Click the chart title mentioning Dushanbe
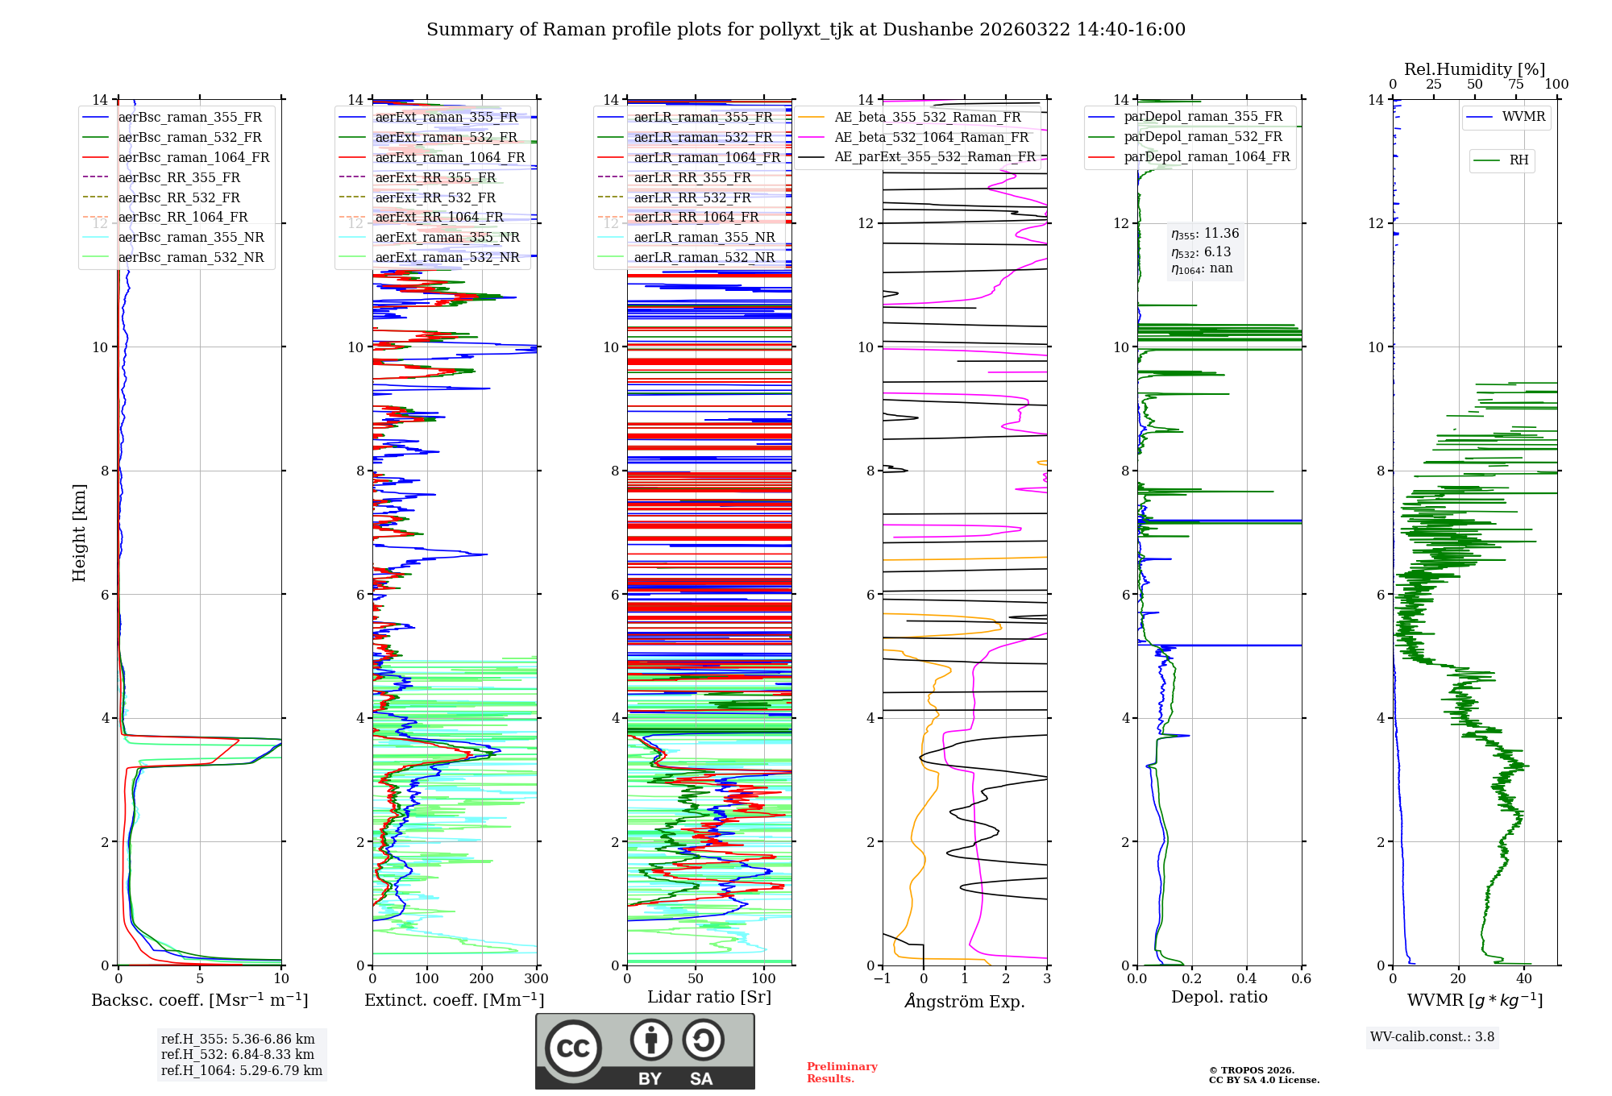pyautogui.click(x=806, y=30)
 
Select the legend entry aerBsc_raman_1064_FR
pyautogui.click(x=193, y=157)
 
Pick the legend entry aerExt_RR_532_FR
pyautogui.click(x=435, y=197)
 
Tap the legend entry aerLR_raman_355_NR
pyautogui.click(x=704, y=237)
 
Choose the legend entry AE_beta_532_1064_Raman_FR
pyautogui.click(x=931, y=137)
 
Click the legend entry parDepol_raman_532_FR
pyautogui.click(x=1203, y=136)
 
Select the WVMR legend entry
pyautogui.click(x=1523, y=117)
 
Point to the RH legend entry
pyautogui.click(x=1519, y=160)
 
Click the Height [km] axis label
pyautogui.click(x=79, y=533)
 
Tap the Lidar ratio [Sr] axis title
pyautogui.click(x=709, y=997)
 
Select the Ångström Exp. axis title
pyautogui.click(x=965, y=1001)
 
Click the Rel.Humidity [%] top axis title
pyautogui.click(x=1474, y=69)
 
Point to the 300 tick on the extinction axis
pyautogui.click(x=536, y=979)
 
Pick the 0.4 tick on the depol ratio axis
pyautogui.click(x=1246, y=979)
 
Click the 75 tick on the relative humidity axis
pyautogui.click(x=1515, y=85)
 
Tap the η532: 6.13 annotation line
pyautogui.click(x=1201, y=252)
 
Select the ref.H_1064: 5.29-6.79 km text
pyautogui.click(x=241, y=1070)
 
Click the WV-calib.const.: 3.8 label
pyautogui.click(x=1431, y=1036)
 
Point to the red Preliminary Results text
pyautogui.click(x=841, y=1072)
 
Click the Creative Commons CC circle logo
pyautogui.click(x=573, y=1048)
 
